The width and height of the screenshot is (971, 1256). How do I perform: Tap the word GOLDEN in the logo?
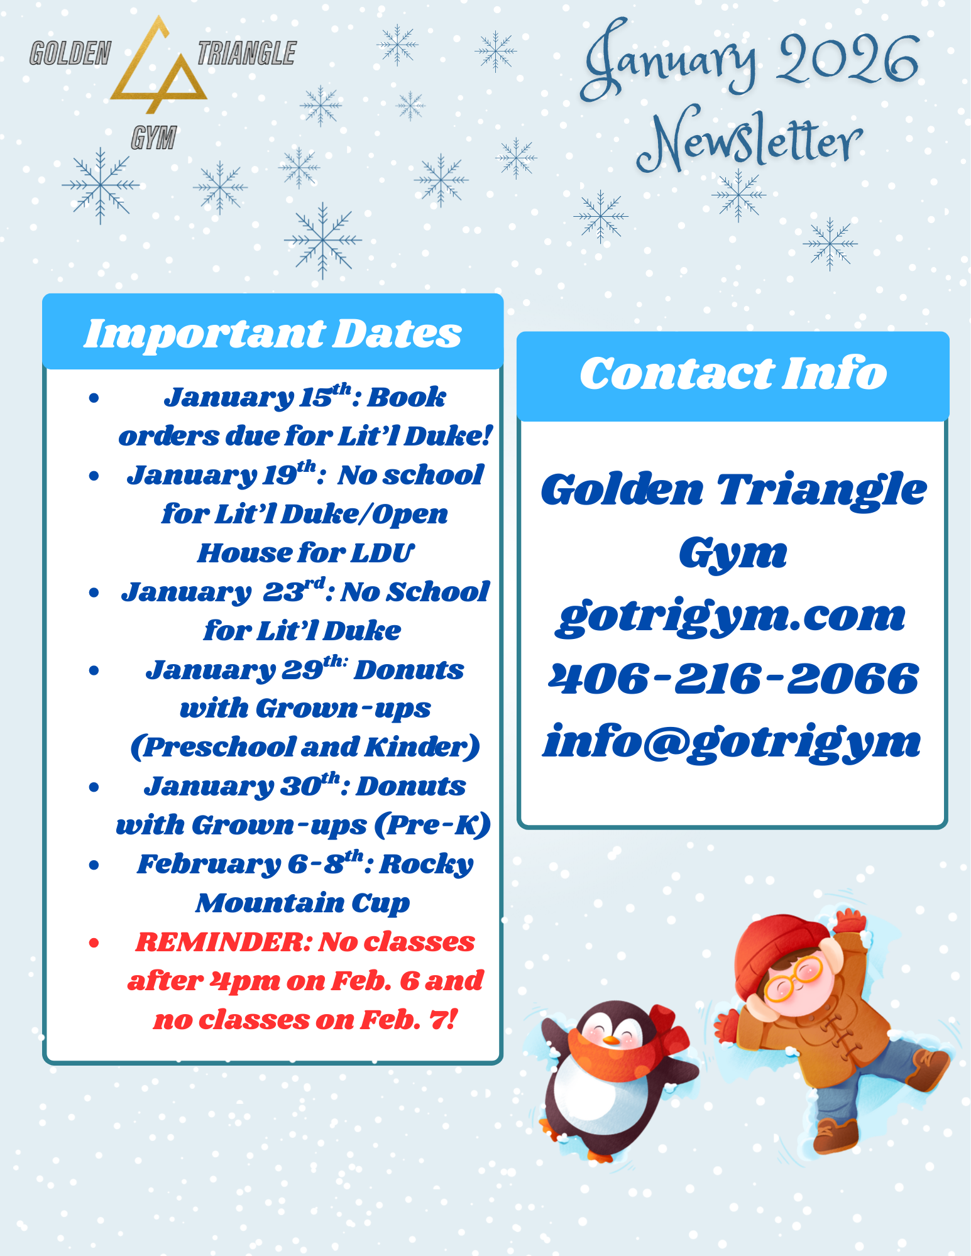click(70, 53)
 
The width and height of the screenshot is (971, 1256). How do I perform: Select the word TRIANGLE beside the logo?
click(246, 53)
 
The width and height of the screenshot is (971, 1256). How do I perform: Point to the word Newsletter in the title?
click(749, 141)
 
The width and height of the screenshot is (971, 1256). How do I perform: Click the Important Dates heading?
click(273, 334)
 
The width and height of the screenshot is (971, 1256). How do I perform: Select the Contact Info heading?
click(733, 373)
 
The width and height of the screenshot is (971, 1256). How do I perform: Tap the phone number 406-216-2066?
click(733, 679)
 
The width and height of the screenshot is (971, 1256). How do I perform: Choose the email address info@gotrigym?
click(732, 743)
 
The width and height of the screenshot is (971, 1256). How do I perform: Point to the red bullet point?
click(94, 942)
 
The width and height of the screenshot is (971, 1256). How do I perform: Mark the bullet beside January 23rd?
click(94, 593)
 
